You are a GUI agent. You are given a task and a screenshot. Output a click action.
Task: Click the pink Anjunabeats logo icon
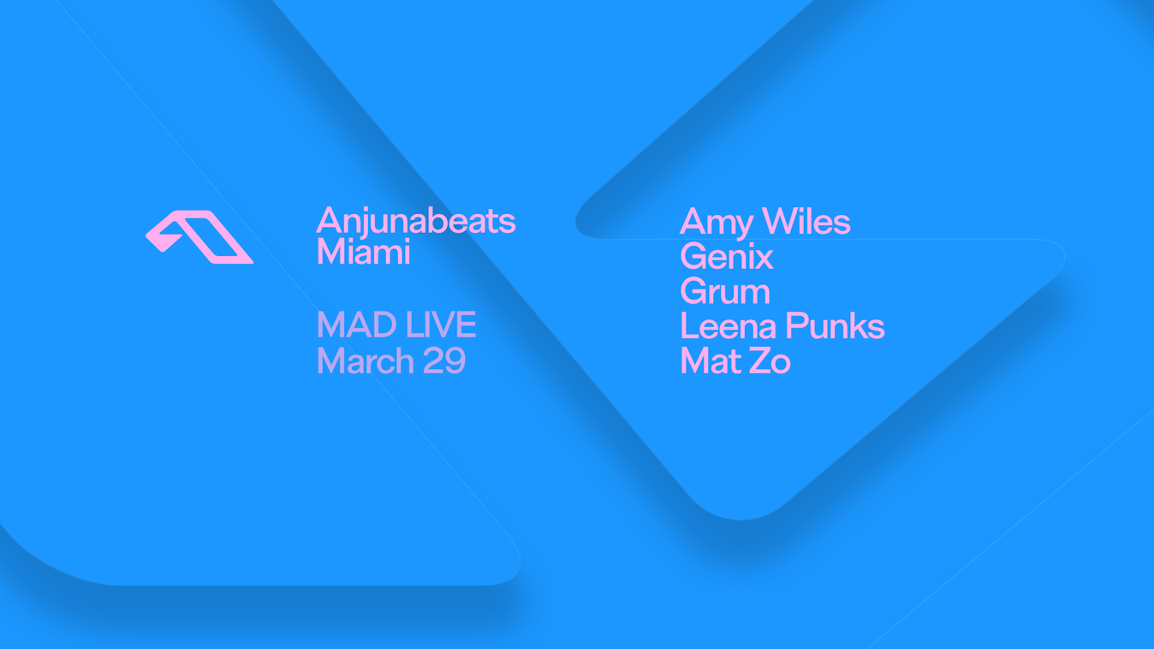pyautogui.click(x=199, y=236)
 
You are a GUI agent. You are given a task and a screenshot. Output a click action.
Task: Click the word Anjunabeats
pyautogui.click(x=415, y=221)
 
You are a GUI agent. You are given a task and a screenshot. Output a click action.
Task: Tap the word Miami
pyautogui.click(x=363, y=253)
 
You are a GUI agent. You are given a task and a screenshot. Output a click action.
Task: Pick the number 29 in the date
pyautogui.click(x=443, y=361)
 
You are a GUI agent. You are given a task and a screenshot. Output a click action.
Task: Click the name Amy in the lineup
pyautogui.click(x=716, y=223)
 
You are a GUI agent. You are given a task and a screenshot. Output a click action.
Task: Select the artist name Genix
pyautogui.click(x=727, y=257)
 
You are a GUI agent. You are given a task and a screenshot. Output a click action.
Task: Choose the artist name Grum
pyautogui.click(x=725, y=292)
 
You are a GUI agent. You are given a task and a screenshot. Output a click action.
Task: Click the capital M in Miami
pyautogui.click(x=331, y=253)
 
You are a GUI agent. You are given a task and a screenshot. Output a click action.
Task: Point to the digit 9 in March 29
pyautogui.click(x=455, y=361)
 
